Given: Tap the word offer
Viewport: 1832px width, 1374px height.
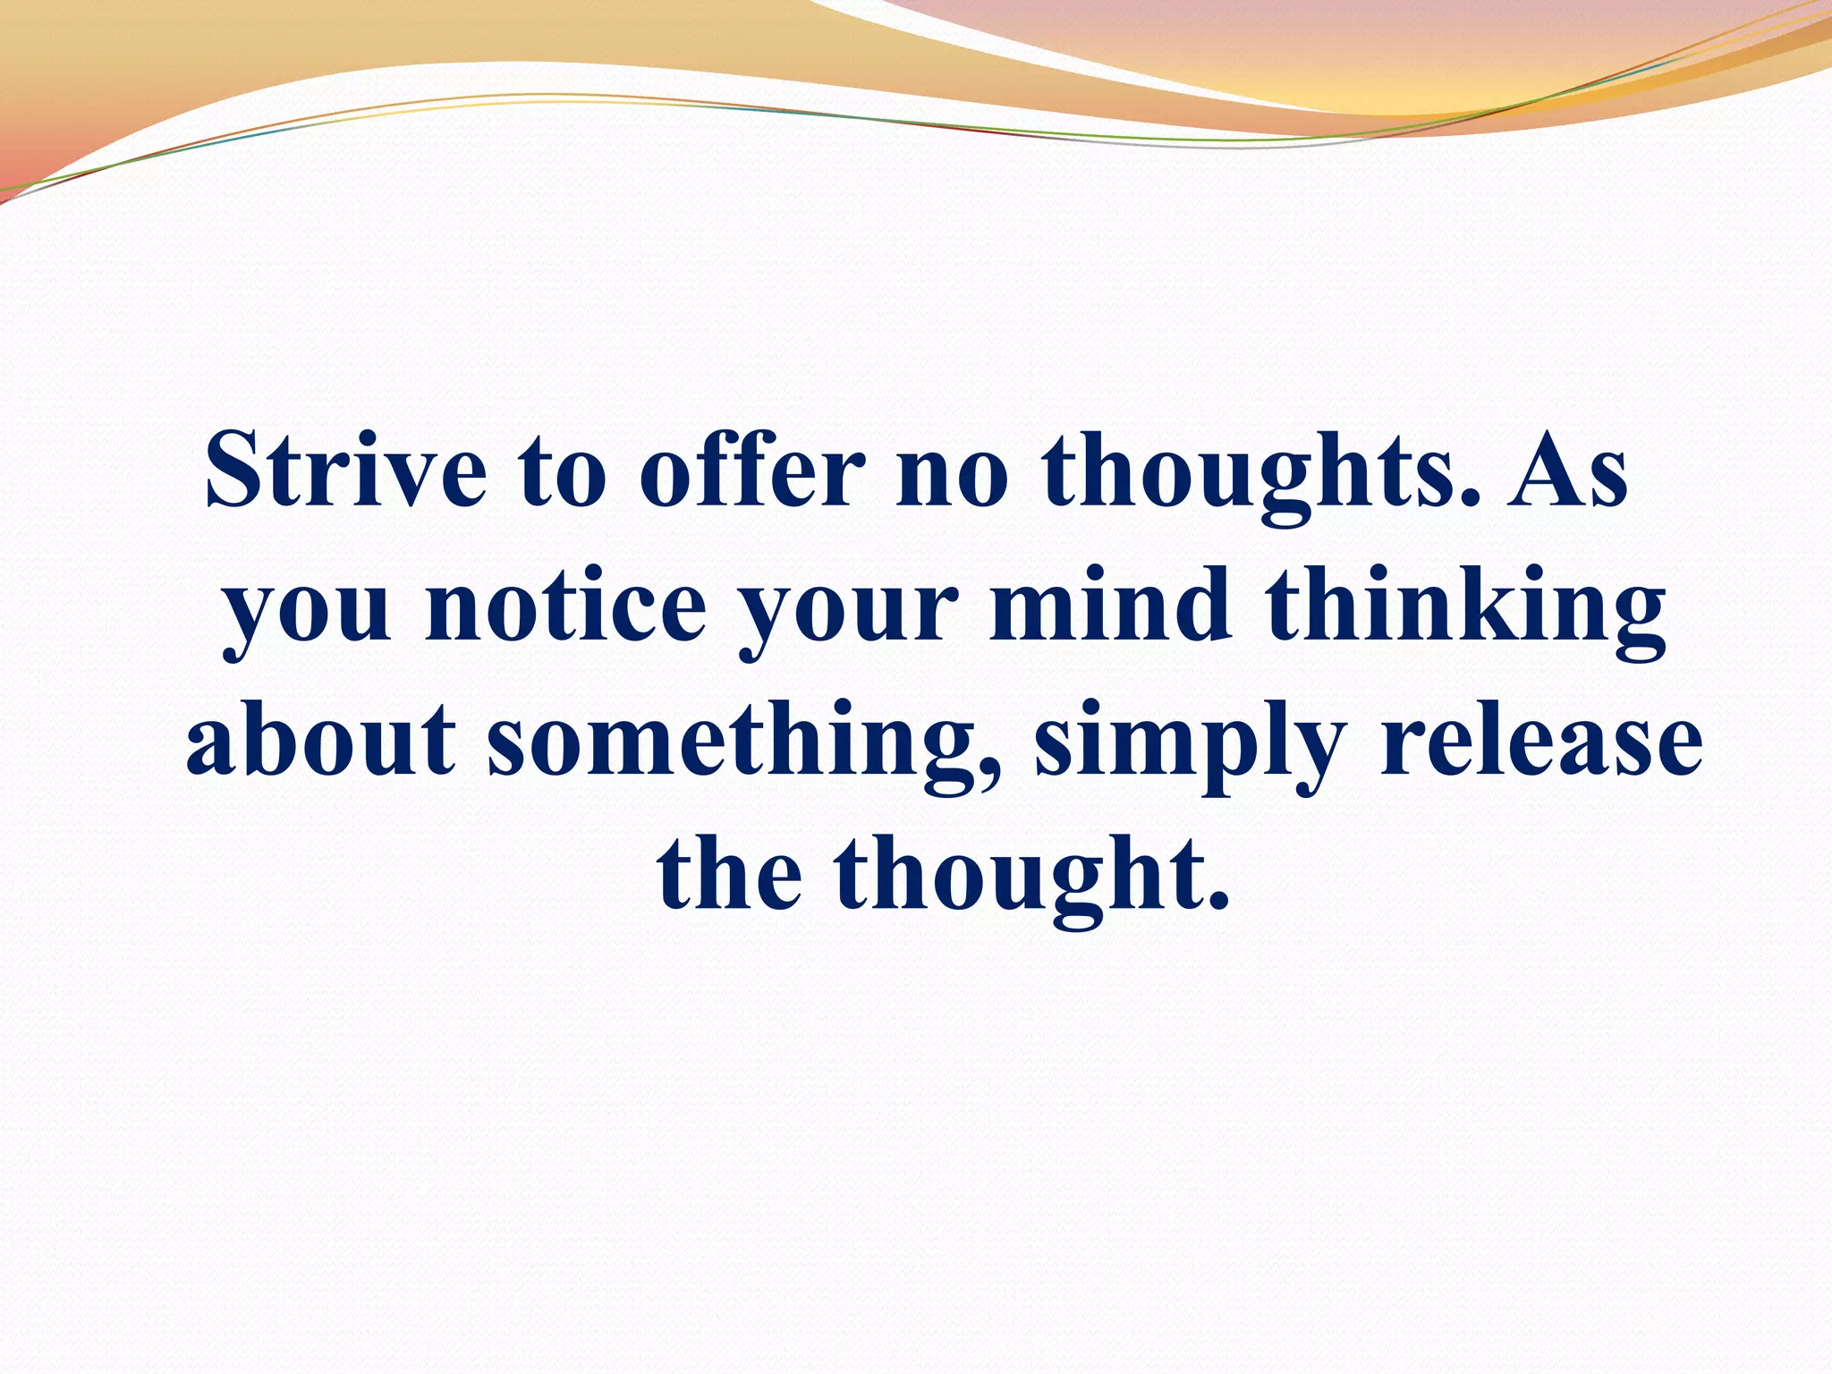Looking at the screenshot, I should point(752,470).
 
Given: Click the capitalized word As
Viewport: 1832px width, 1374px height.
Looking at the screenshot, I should point(1567,470).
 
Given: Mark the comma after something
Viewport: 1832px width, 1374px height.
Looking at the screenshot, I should point(989,771).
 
